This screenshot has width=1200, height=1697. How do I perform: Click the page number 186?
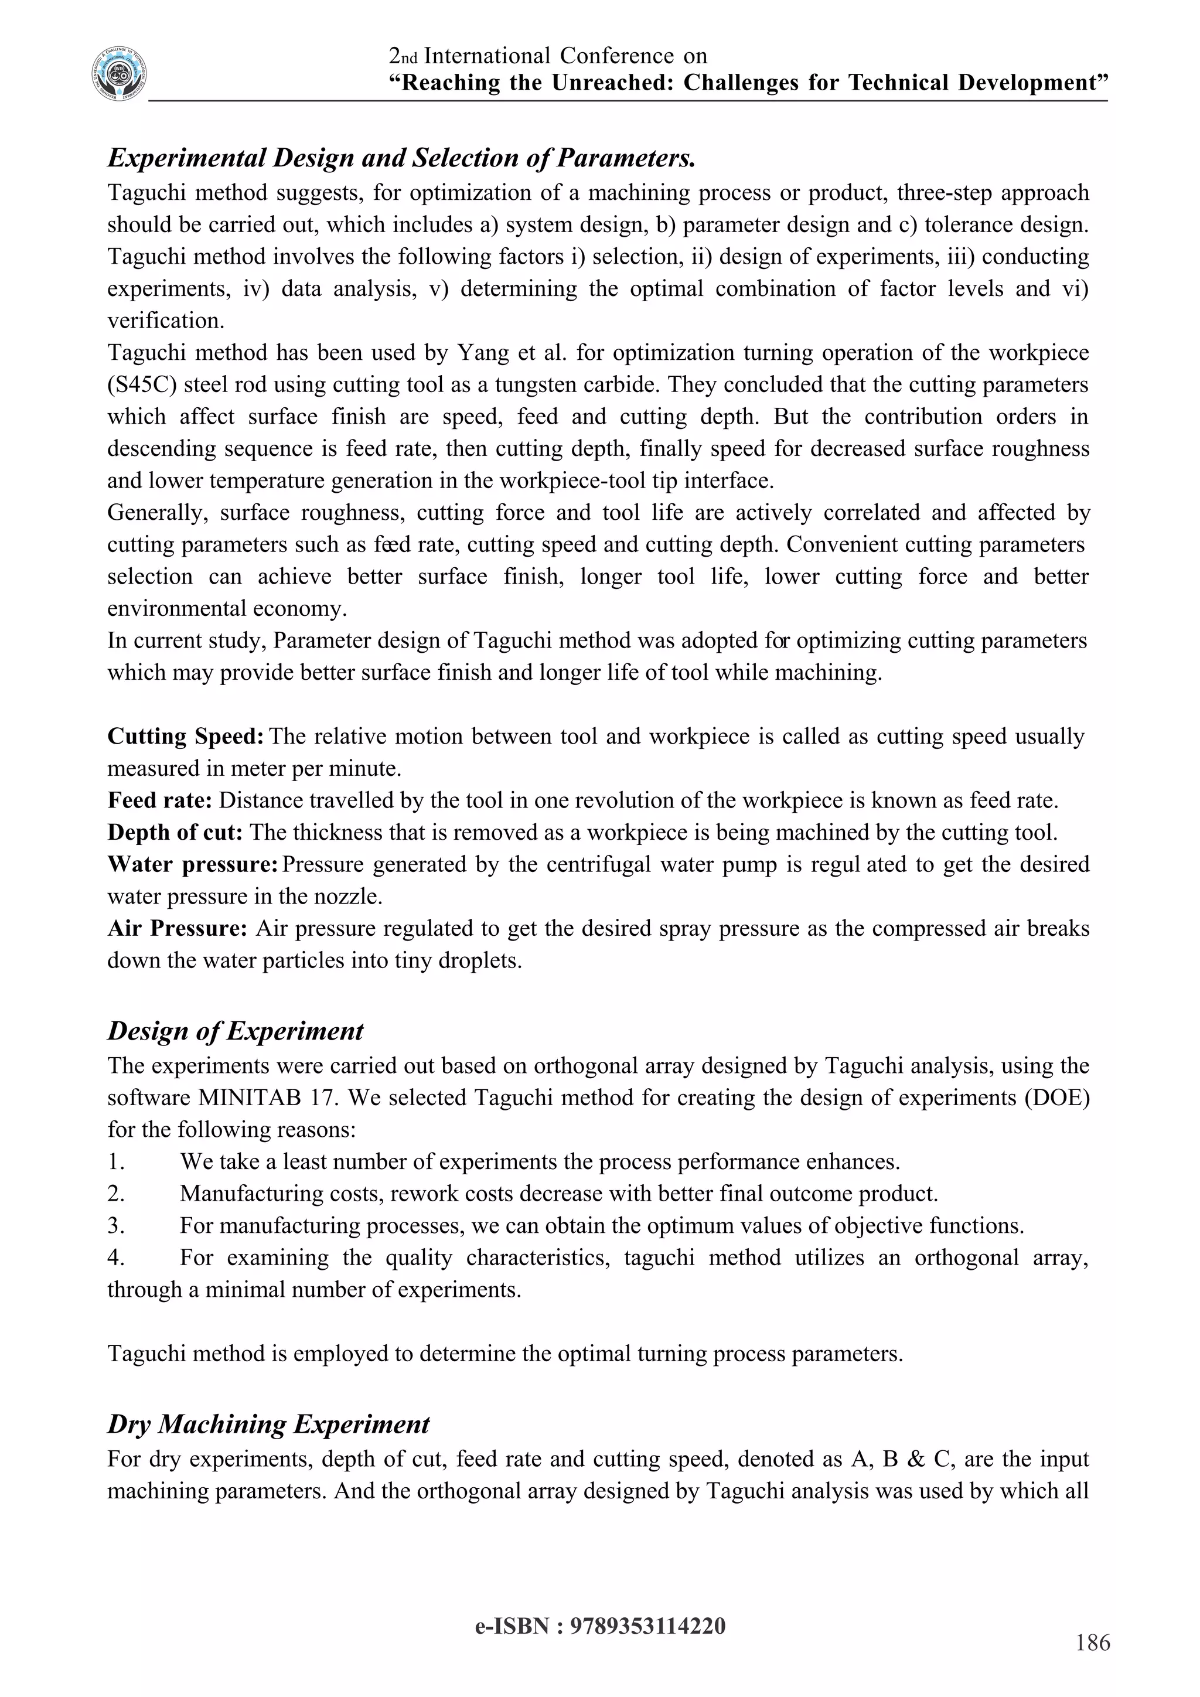pos(1093,1643)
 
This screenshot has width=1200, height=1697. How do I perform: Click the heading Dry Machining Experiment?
pos(268,1425)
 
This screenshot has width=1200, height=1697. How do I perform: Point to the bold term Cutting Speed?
pos(186,736)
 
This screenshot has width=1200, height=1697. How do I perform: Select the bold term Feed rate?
pos(161,800)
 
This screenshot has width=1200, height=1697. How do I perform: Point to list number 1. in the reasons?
pos(116,1162)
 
